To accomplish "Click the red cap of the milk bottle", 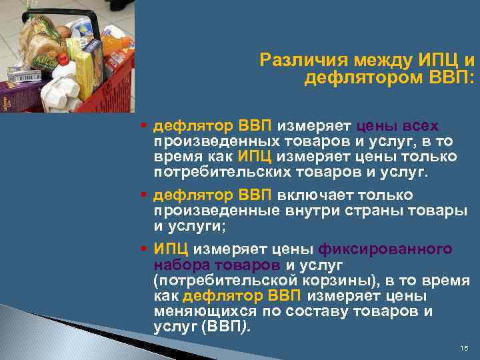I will click(63, 58).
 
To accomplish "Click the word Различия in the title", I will click(293, 61).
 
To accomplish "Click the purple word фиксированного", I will click(386, 249).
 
